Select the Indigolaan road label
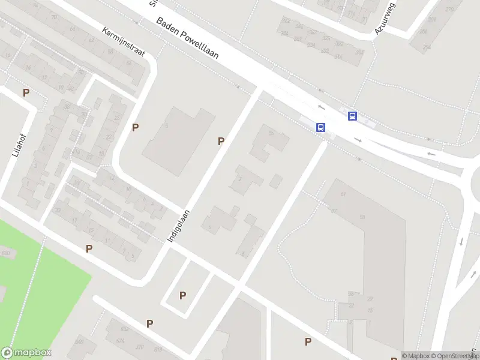[x=179, y=226]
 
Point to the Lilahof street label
[x=16, y=145]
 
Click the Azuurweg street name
[x=385, y=18]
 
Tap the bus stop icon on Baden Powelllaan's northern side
[x=353, y=116]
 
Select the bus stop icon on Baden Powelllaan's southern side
[x=321, y=127]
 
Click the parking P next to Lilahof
[x=26, y=92]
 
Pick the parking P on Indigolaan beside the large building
[x=221, y=141]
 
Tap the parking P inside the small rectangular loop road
[x=182, y=295]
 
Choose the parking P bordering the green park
[x=89, y=248]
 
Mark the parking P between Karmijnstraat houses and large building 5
[x=136, y=127]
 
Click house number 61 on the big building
[x=344, y=194]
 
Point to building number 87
[x=334, y=211]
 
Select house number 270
[x=450, y=10]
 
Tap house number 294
[x=427, y=47]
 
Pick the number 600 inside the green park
[x=6, y=253]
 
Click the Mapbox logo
[x=26, y=353]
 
